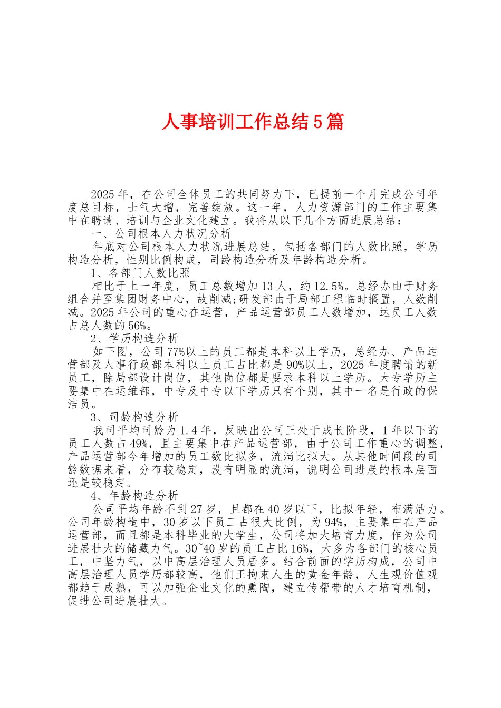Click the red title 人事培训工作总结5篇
point(252,122)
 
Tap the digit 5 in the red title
point(318,122)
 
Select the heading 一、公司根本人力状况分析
point(161,233)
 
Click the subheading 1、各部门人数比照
point(140,273)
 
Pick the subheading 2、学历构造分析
point(134,338)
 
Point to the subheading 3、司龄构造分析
point(134,417)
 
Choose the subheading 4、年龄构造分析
point(134,496)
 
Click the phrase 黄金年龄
point(331,574)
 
